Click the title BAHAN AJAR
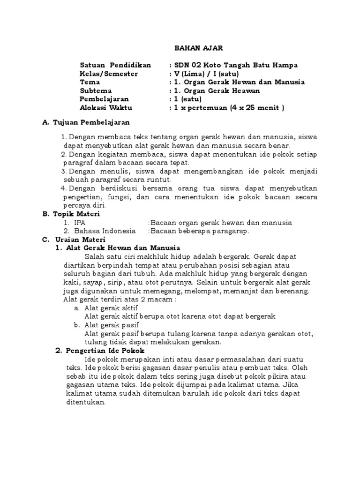coord(193,47)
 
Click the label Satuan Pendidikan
coord(115,65)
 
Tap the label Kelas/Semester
coord(109,74)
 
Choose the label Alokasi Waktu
coord(106,107)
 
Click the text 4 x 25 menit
coord(256,107)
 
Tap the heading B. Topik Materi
coord(71,214)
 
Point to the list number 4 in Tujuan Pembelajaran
coord(64,188)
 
